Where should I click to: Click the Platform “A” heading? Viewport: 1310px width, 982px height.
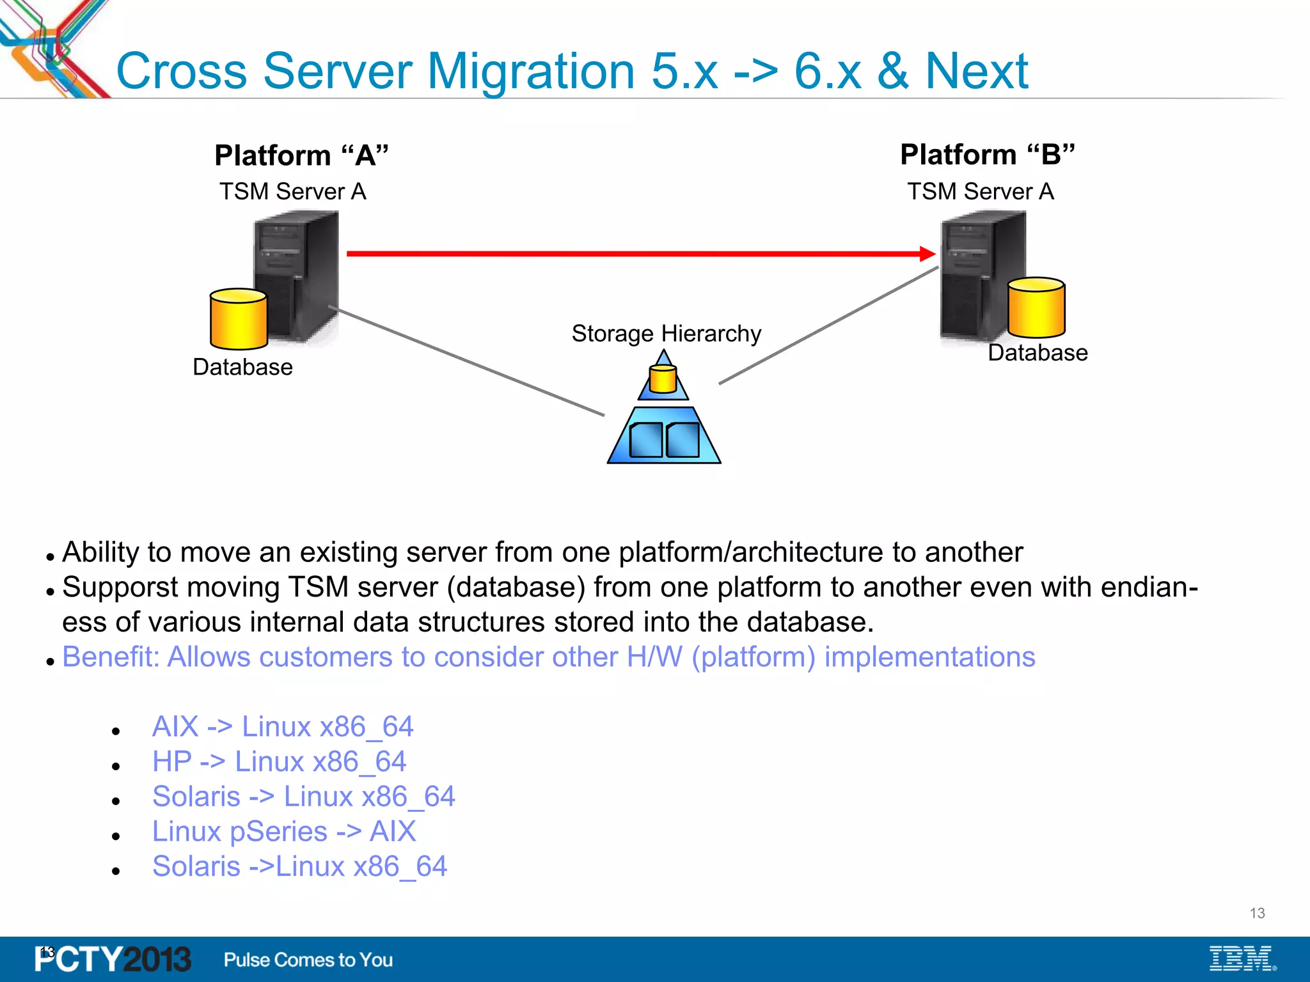pos(301,155)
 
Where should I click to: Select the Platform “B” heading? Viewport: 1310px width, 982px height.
pos(987,155)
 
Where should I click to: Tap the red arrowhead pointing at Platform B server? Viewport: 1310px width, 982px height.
pos(927,254)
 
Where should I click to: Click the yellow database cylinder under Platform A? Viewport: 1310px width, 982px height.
pos(239,319)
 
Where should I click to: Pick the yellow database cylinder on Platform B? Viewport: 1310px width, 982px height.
pos(1036,308)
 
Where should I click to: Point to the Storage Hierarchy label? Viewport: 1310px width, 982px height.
pos(666,334)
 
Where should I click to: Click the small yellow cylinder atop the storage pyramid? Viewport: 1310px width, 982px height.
pos(663,379)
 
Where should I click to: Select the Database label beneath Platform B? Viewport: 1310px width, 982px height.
pos(1038,353)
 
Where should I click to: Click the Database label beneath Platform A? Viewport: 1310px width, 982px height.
pos(242,368)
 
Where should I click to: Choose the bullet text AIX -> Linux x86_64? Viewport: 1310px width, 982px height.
pos(283,727)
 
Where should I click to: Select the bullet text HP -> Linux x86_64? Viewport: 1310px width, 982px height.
pos(279,762)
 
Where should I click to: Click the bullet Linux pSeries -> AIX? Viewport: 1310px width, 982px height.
pos(284,832)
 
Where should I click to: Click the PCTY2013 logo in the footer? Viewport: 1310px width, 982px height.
pos(113,960)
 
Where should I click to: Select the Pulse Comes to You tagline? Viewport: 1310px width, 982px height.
pos(308,960)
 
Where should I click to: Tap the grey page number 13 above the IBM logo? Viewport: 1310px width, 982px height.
pos(1257,913)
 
